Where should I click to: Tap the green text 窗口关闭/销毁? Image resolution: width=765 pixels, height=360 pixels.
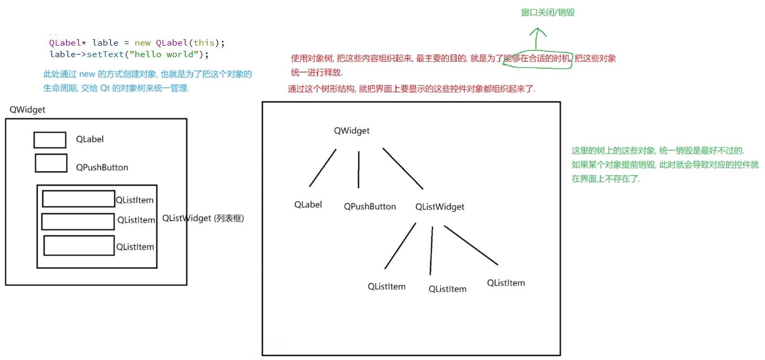click(x=548, y=12)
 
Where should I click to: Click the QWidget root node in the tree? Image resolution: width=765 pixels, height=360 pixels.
click(x=352, y=131)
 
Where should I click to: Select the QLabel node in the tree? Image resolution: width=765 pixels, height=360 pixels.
click(x=308, y=205)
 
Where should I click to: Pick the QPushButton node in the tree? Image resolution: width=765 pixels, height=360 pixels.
click(x=370, y=206)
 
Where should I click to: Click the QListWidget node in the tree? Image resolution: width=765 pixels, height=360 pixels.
click(x=440, y=207)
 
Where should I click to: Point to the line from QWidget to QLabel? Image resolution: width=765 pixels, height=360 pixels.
click(x=322, y=168)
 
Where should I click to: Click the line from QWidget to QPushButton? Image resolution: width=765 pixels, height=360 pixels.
click(x=359, y=170)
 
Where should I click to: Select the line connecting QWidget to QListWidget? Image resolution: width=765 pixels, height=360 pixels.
click(x=403, y=168)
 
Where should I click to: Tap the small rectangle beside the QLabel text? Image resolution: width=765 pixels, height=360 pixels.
click(x=50, y=140)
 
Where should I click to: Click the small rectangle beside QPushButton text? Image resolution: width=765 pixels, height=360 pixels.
click(x=51, y=163)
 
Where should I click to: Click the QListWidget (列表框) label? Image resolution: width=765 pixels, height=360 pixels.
click(x=203, y=219)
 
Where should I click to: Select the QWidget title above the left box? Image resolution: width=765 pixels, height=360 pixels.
click(x=27, y=110)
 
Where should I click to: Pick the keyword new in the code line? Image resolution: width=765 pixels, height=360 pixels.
click(x=142, y=43)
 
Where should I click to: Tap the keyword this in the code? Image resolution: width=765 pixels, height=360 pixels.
click(x=204, y=43)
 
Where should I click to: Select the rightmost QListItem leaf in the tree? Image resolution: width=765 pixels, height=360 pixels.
click(x=505, y=283)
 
